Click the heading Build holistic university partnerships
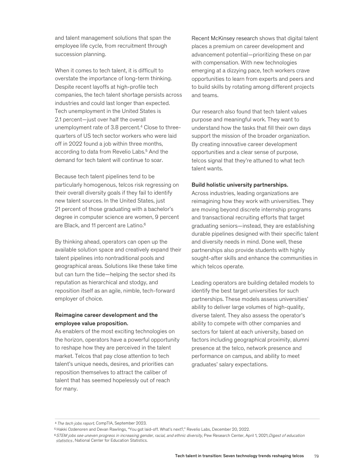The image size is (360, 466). (240, 185)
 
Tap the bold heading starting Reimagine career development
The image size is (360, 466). (106, 315)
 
